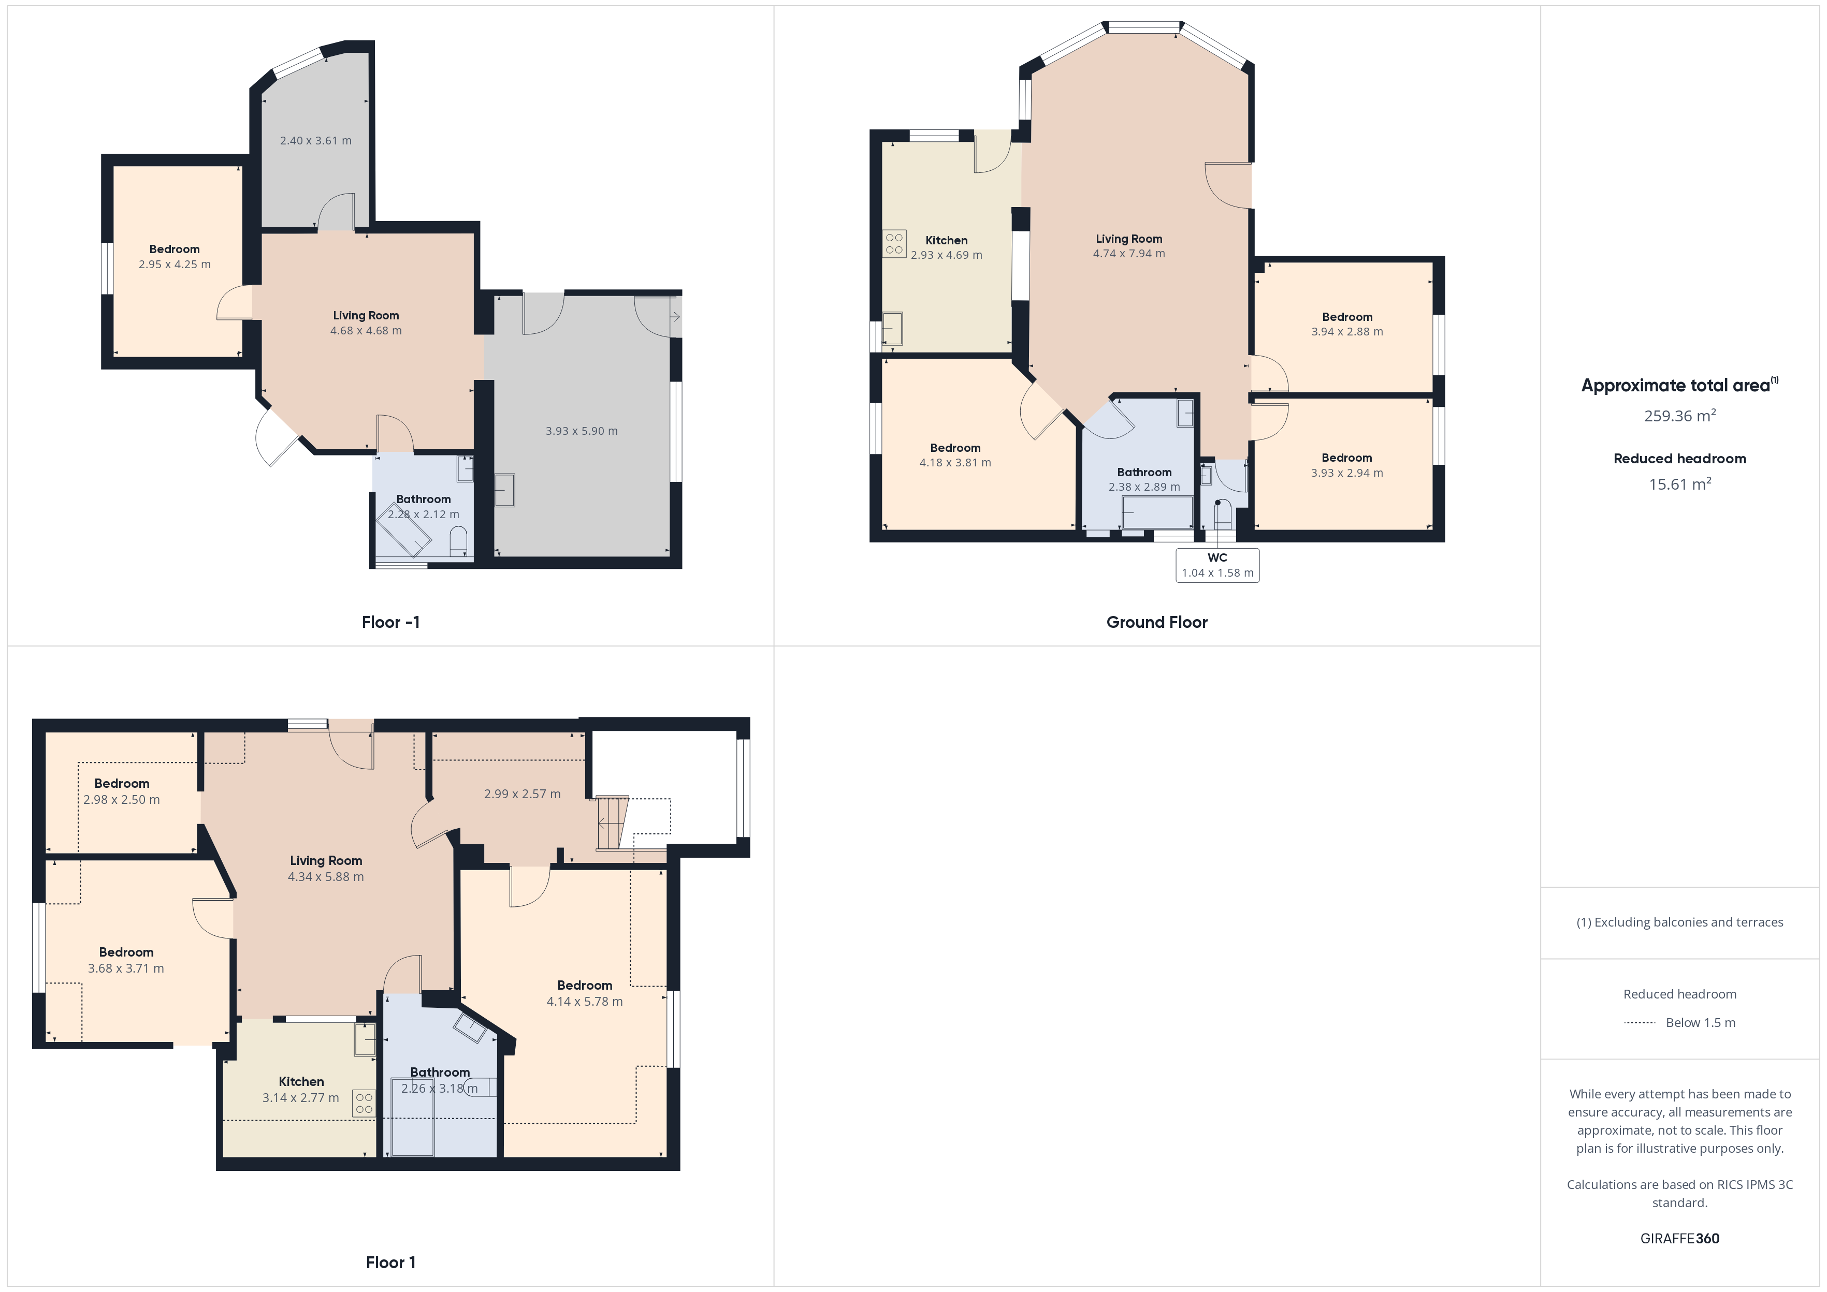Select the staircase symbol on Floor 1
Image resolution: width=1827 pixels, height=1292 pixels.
[612, 823]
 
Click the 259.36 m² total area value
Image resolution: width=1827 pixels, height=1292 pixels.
[1680, 415]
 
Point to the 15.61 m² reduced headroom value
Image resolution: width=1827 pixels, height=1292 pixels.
[1680, 483]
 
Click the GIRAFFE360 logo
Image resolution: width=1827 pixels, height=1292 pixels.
[1680, 1238]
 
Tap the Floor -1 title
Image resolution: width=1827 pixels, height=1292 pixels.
[390, 622]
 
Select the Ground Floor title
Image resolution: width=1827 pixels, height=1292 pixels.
[1157, 622]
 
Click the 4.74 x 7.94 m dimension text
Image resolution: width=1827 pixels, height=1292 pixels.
[1129, 254]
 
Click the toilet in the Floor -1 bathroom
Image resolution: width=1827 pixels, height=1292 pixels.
[458, 544]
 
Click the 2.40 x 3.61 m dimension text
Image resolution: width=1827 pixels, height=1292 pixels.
[316, 141]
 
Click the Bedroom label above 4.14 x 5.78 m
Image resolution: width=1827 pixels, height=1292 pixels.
[585, 985]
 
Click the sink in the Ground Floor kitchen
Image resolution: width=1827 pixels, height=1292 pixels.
[893, 328]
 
